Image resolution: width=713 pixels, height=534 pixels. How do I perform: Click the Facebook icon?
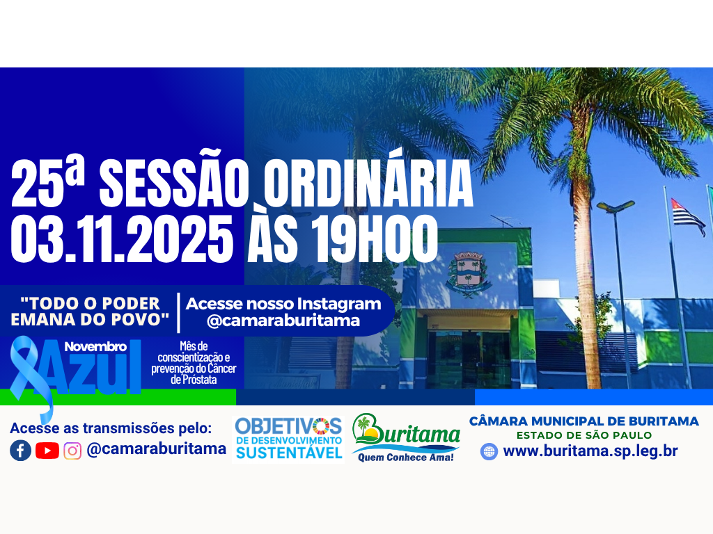pyautogui.click(x=20, y=451)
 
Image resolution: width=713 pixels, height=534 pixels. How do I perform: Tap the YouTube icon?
pyautogui.click(x=47, y=451)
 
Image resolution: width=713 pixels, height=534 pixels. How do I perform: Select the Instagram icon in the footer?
pyautogui.click(x=72, y=451)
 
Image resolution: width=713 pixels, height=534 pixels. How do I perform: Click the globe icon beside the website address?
pyautogui.click(x=489, y=451)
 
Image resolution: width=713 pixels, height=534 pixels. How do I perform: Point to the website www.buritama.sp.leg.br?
pyautogui.click(x=590, y=451)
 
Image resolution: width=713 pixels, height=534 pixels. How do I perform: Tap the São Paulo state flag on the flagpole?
pyautogui.click(x=687, y=215)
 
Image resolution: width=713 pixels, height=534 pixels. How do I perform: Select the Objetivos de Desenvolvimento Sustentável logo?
pyautogui.click(x=288, y=438)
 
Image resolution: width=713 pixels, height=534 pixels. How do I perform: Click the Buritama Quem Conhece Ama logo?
pyautogui.click(x=406, y=439)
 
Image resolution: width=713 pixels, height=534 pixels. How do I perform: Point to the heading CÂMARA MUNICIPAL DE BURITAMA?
pyautogui.click(x=584, y=421)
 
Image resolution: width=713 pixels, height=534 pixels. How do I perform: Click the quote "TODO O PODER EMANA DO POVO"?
pyautogui.click(x=91, y=311)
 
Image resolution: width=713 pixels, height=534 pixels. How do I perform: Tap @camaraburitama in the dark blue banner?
pyautogui.click(x=283, y=321)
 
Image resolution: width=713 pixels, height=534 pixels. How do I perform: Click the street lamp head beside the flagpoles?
pyautogui.click(x=616, y=207)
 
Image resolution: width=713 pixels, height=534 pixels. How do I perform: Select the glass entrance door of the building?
pyautogui.click(x=468, y=358)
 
